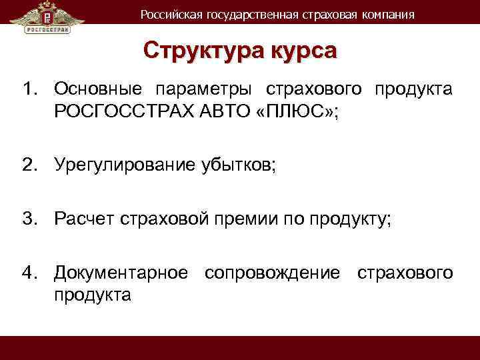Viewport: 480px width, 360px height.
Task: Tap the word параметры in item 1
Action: [206, 89]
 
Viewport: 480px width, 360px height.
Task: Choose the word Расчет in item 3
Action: [83, 218]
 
